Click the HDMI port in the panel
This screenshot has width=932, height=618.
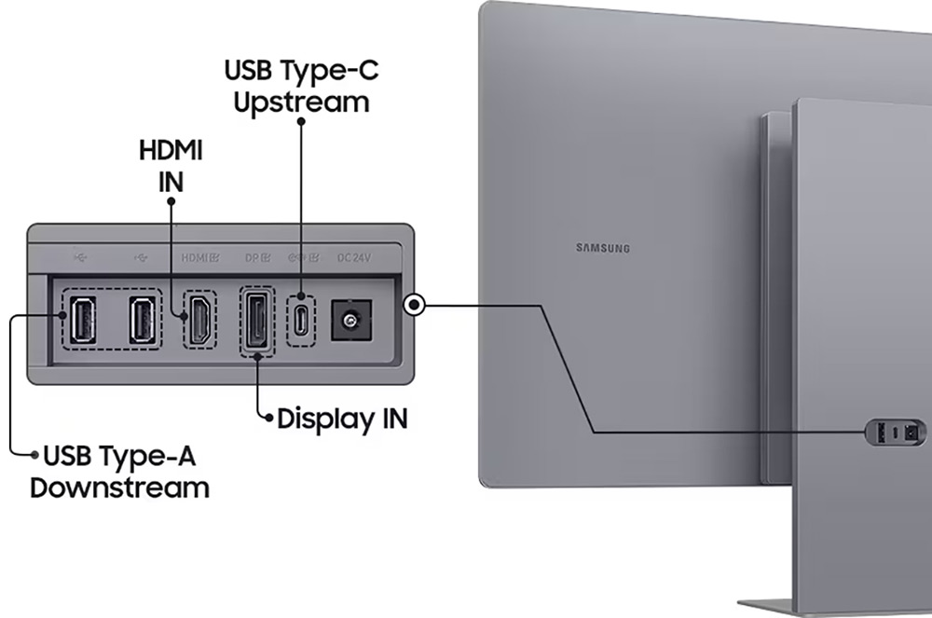coord(200,319)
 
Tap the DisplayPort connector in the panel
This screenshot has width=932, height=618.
coord(257,321)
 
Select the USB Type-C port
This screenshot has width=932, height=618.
coord(302,321)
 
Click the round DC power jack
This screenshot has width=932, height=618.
coord(351,321)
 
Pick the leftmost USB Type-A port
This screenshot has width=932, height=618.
coord(83,320)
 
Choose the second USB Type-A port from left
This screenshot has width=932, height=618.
coord(143,320)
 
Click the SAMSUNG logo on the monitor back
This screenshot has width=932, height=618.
coord(603,248)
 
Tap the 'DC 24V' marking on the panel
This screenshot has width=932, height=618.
coord(353,258)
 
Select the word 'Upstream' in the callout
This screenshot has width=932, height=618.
coord(301,103)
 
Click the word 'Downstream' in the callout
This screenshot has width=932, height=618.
coord(119,488)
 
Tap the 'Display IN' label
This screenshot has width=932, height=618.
coord(342,419)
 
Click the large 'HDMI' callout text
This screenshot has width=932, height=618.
coord(171,150)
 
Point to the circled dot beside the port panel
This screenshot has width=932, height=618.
coord(415,306)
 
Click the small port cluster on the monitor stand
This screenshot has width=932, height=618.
coord(895,432)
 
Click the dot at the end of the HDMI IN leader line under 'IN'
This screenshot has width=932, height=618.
coord(171,201)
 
